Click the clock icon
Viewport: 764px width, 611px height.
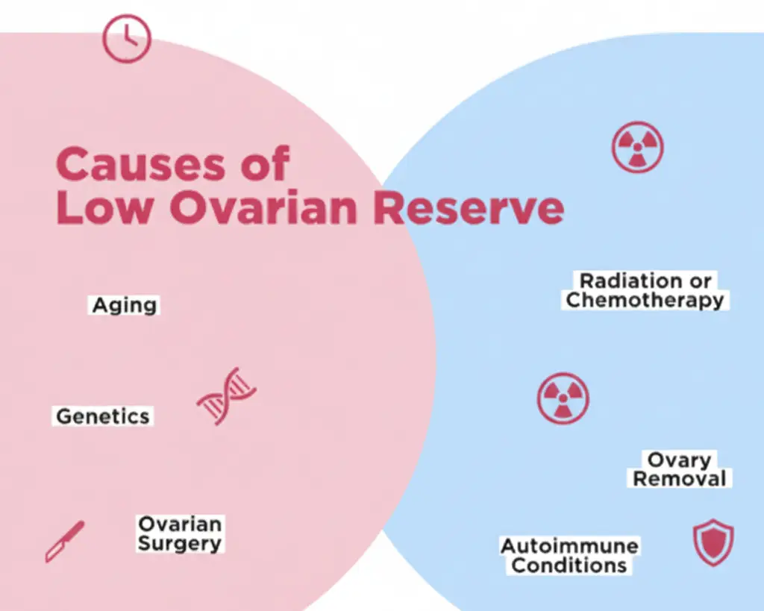click(x=127, y=39)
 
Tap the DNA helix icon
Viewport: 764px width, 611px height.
click(x=227, y=396)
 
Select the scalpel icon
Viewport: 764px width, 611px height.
click(x=65, y=542)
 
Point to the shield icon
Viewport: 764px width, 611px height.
click(x=713, y=542)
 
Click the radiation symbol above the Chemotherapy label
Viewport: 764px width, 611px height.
click(x=637, y=147)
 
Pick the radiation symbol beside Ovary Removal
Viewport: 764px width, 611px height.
click(x=563, y=398)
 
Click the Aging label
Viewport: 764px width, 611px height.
click(x=125, y=306)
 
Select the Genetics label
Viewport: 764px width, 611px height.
click(x=103, y=416)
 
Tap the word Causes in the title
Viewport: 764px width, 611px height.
click(x=141, y=164)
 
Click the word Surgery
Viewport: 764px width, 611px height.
click(x=180, y=543)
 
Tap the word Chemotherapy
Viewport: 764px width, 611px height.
click(x=645, y=300)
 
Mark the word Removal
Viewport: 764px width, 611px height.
click(x=680, y=478)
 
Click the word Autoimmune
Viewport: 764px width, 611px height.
click(x=569, y=546)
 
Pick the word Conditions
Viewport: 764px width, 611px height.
click(x=569, y=565)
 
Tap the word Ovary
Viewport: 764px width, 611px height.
click(x=679, y=460)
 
